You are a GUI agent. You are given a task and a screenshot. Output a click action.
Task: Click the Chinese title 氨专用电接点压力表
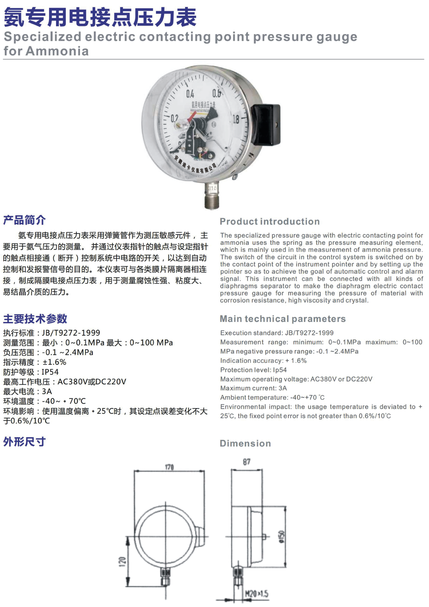100,17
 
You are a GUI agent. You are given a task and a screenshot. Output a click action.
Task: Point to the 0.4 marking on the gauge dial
190,94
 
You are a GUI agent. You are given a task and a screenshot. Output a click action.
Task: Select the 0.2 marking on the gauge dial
174,118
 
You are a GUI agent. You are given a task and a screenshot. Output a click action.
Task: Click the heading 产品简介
24,220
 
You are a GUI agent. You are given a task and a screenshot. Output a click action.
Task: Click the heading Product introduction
269,221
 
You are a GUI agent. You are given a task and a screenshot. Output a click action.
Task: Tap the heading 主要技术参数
35,319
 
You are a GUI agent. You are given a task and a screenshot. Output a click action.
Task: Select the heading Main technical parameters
282,319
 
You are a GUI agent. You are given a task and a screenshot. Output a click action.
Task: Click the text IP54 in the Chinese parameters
50,372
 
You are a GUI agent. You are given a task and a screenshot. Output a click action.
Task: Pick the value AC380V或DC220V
92,382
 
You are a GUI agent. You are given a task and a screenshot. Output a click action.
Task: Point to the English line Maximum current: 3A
253,388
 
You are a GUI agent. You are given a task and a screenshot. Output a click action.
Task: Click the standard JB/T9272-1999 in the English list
309,333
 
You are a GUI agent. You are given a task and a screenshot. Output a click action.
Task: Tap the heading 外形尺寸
24,442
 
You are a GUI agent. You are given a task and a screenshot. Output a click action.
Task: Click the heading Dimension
245,443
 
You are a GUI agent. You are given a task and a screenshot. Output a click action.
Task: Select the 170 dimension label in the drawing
169,467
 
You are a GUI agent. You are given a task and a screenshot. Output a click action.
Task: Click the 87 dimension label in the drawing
246,462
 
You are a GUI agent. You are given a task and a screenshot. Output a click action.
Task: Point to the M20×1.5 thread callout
257,594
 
